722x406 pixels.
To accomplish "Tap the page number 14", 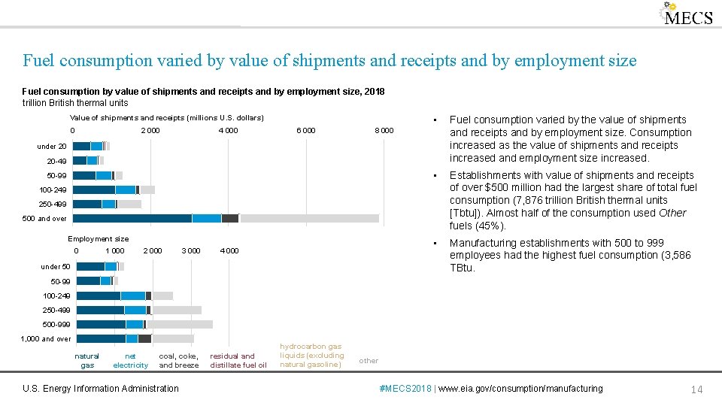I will tap(696, 389).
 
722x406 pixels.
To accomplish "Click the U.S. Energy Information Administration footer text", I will tap(101, 389).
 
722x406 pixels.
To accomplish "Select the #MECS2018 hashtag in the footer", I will tap(406, 389).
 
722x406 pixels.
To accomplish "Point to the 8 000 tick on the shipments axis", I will tap(384, 131).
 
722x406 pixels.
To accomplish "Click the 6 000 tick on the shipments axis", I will tap(305, 131).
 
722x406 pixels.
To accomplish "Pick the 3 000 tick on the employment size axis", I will tap(191, 251).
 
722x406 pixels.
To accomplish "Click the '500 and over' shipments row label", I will tap(52, 219).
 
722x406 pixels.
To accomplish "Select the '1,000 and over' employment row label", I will tap(46, 339).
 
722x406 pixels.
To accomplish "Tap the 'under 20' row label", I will tap(52, 147).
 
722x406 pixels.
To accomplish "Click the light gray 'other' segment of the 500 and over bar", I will tap(308, 218).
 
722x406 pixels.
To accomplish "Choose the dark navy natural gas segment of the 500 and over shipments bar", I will tap(132, 218).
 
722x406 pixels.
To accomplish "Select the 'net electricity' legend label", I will tap(130, 361).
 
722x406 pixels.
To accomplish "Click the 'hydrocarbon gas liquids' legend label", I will tap(311, 356).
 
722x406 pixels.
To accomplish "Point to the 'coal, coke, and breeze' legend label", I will tap(178, 361).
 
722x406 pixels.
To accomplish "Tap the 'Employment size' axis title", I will tap(99, 239).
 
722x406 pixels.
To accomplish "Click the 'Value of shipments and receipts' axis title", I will tap(166, 118).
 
